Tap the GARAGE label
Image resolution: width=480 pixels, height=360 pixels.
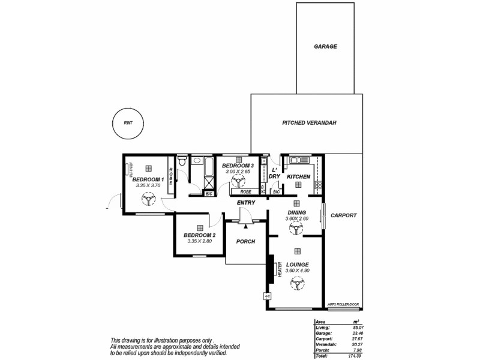tap(326, 46)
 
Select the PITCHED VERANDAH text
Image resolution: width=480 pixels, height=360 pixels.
tap(309, 122)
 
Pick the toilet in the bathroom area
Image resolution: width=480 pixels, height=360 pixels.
tap(182, 161)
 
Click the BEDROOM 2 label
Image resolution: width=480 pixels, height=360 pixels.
tap(200, 235)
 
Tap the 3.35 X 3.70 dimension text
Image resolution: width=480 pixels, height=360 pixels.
tap(148, 186)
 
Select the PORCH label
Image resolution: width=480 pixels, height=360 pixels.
tap(246, 241)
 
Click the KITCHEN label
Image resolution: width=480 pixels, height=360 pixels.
tap(298, 177)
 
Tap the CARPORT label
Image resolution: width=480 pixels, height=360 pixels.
tap(344, 215)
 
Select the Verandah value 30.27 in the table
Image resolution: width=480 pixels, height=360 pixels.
tap(358, 344)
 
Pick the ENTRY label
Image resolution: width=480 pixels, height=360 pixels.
tap(246, 203)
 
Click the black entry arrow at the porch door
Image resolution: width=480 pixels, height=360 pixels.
tap(246, 226)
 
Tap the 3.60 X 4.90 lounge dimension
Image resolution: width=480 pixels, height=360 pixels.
tap(297, 271)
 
